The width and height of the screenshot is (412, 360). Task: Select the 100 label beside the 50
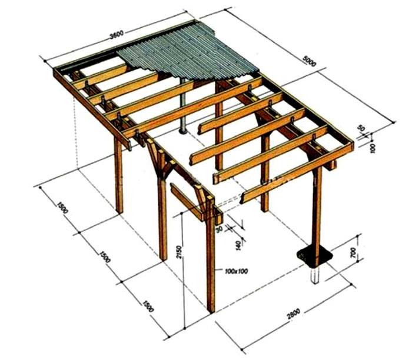click(x=372, y=148)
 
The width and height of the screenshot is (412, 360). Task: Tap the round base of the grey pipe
click(x=183, y=130)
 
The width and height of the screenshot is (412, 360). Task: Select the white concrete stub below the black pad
click(x=315, y=274)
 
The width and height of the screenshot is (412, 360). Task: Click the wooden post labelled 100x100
click(x=210, y=265)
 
